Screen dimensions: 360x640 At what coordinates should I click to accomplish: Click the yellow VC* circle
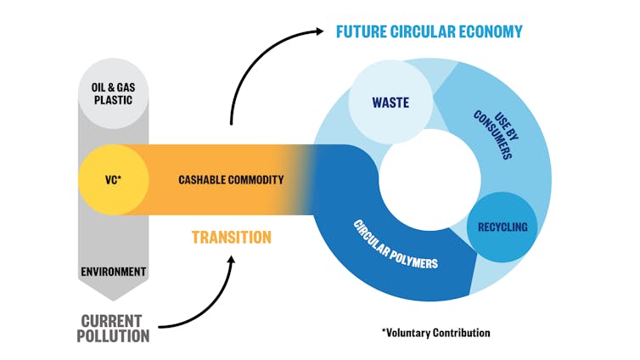point(114,180)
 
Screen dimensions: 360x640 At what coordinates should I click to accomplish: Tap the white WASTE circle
point(390,103)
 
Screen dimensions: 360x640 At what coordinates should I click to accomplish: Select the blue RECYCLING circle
point(502,227)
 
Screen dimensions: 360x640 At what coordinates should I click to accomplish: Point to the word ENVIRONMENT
point(114,273)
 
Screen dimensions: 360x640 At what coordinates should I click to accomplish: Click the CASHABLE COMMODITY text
point(231,180)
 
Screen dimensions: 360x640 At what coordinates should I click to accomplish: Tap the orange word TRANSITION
point(231,238)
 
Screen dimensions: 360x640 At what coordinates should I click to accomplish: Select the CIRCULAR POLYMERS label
point(396,245)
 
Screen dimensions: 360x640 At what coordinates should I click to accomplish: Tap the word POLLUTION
point(113,336)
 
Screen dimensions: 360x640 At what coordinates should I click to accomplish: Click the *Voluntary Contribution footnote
point(435,332)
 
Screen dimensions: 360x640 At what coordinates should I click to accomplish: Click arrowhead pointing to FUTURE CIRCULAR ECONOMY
point(317,32)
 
